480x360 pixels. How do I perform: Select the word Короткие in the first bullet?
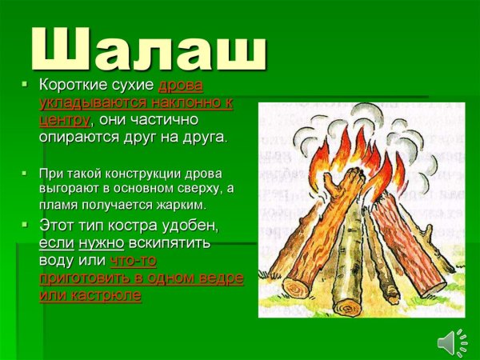73,86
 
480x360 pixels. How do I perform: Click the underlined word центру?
64,119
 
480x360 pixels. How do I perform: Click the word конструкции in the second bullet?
132,174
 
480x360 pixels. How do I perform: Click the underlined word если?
56,242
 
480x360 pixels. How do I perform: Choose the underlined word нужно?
101,242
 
